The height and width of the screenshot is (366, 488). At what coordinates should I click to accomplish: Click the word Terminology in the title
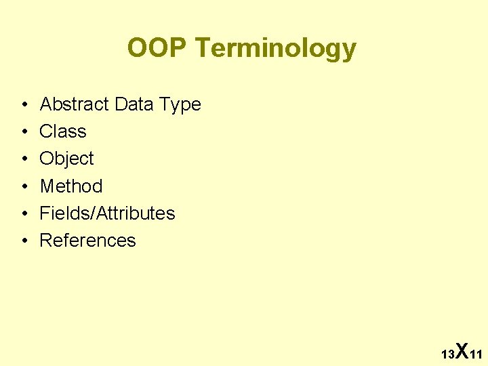[274, 49]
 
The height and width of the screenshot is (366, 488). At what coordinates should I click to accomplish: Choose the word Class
[63, 131]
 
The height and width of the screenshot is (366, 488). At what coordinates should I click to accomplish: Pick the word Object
[66, 159]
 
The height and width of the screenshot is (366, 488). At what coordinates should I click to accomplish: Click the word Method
[71, 186]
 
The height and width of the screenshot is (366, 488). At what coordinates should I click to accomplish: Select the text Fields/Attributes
[107, 213]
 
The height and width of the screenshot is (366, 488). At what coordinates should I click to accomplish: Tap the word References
[87, 240]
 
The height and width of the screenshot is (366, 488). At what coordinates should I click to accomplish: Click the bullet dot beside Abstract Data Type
[24, 105]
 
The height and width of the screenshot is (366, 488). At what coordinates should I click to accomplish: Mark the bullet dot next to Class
[24, 132]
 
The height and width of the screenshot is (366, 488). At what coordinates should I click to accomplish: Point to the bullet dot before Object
[24, 159]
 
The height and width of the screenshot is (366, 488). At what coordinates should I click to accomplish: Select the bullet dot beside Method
[24, 186]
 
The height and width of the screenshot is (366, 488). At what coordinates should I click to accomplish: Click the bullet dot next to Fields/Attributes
[24, 213]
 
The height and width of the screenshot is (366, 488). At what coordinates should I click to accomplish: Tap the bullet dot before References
[24, 241]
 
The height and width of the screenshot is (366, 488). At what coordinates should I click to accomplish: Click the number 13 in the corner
[447, 354]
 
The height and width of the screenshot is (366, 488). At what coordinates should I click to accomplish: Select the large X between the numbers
[462, 350]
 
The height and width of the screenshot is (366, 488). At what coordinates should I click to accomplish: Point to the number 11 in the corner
[476, 354]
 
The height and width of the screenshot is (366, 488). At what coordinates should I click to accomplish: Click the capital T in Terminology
[201, 48]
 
